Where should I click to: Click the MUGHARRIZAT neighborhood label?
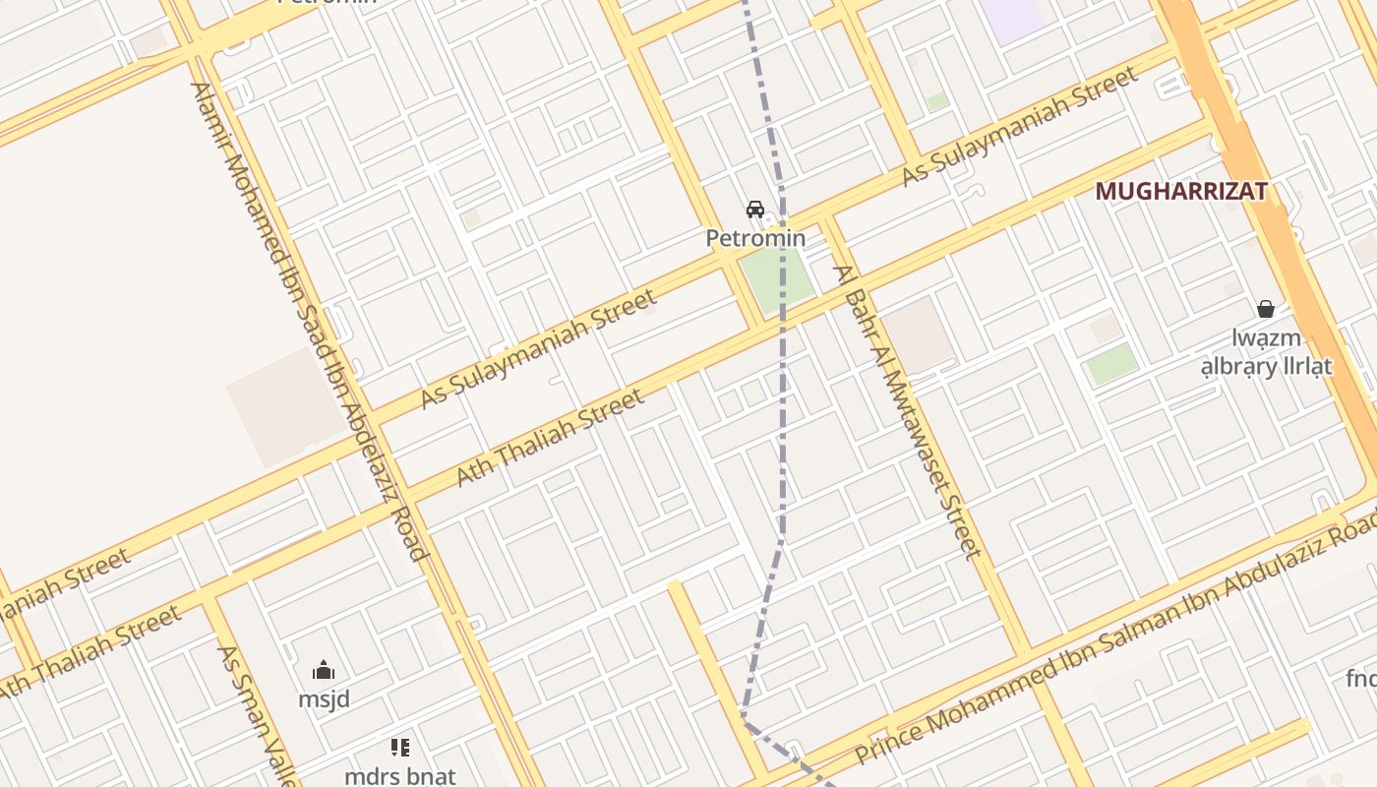1180,191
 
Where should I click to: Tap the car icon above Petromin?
755,210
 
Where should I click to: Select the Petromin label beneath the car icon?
755,238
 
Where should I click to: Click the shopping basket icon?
1266,309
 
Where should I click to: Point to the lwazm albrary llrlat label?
1266,352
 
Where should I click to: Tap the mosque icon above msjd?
324,672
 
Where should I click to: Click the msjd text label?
324,699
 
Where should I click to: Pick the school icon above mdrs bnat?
399,748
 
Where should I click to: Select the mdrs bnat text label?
399,775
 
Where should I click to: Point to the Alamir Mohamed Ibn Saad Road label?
309,320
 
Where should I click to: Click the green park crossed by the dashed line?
777,277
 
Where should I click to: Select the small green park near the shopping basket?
1111,364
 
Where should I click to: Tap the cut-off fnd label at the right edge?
1361,679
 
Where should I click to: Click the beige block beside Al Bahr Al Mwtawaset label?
919,334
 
